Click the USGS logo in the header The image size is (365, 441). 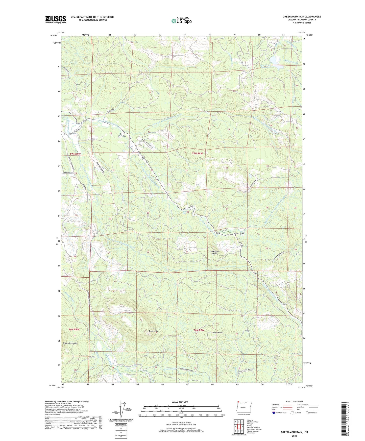pos(56,19)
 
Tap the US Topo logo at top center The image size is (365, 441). pos(182,21)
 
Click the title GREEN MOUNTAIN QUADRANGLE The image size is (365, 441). pos(302,17)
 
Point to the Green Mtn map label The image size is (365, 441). pos(153,331)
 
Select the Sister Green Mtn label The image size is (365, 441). pos(70,344)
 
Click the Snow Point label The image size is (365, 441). pos(218,333)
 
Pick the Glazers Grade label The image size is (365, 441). pos(239,233)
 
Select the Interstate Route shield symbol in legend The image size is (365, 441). pos(274,413)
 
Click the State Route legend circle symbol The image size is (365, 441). pos(307,413)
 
